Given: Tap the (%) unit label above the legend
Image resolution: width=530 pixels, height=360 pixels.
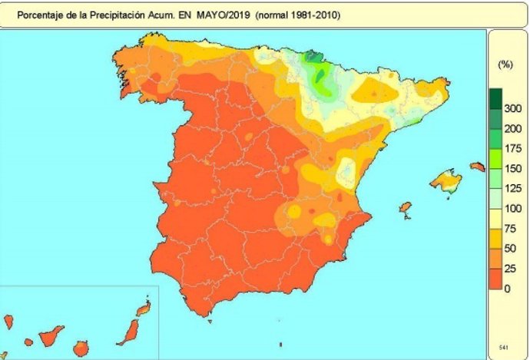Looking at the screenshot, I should [505, 65].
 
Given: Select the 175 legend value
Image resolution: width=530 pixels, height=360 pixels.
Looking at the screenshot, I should [512, 148].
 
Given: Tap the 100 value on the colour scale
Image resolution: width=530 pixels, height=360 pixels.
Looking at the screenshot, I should [512, 209].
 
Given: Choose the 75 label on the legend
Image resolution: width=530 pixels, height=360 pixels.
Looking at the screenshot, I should [509, 229].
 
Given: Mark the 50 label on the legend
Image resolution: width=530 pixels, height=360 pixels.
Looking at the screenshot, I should [509, 249].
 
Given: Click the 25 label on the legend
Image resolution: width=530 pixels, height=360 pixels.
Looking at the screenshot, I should [509, 269].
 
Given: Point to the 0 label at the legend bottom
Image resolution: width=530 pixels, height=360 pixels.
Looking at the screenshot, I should [507, 289].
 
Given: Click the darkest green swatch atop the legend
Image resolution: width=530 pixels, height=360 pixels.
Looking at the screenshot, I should [496, 98].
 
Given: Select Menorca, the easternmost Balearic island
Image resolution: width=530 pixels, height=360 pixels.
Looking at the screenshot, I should [478, 166].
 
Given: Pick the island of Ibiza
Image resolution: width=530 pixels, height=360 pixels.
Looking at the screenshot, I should [405, 208].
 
